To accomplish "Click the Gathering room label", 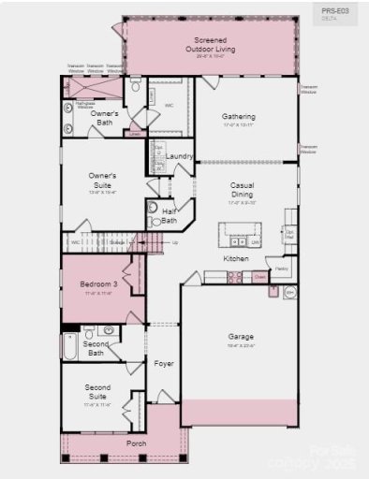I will click(x=239, y=117).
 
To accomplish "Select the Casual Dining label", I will click(x=243, y=190).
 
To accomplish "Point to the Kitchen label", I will click(x=235, y=257).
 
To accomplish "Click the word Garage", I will click(x=241, y=336).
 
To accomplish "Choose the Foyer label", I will click(x=164, y=363).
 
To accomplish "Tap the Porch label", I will click(x=137, y=443).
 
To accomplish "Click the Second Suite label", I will click(x=97, y=391).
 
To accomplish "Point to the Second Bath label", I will click(x=96, y=348).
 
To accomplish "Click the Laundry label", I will click(x=180, y=156).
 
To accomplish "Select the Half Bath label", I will click(x=170, y=216).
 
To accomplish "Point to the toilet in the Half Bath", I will click(x=153, y=209).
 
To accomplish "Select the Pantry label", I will click(x=282, y=268).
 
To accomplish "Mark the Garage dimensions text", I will click(x=241, y=345).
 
